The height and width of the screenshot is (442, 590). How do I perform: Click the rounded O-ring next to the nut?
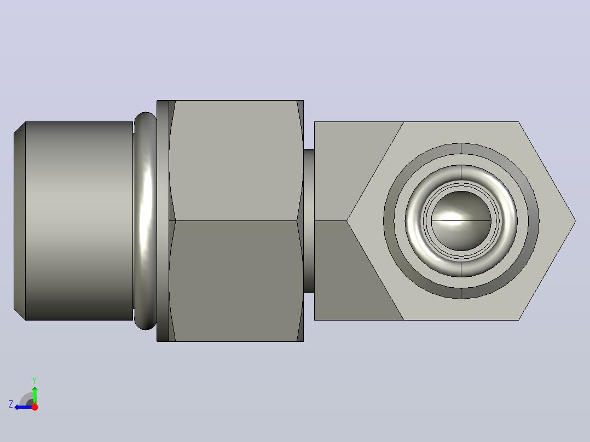[x=145, y=221]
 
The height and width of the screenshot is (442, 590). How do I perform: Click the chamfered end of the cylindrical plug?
[x=20, y=221]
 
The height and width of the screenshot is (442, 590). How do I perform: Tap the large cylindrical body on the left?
[x=79, y=221]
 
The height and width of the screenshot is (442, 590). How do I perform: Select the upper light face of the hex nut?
[x=236, y=160]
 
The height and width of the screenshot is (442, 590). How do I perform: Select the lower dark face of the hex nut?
[x=236, y=281]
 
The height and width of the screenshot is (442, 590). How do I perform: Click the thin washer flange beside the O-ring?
[x=163, y=221]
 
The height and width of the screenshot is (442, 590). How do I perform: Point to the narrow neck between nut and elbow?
[x=309, y=221]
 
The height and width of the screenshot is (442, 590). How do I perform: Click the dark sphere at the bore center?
[x=461, y=221]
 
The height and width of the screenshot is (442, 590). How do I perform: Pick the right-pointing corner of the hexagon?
[x=576, y=221]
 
